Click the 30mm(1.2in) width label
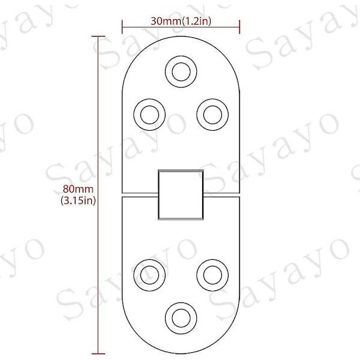click(181, 21)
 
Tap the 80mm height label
click(78, 189)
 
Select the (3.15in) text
click(78, 200)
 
